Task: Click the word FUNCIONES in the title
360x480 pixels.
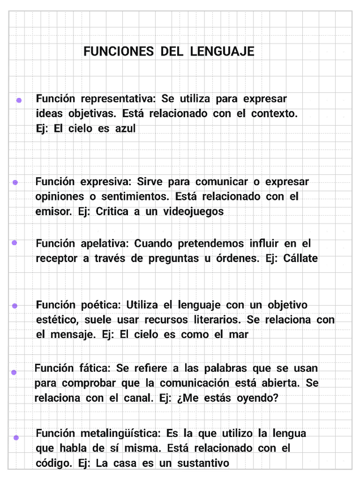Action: coord(118,52)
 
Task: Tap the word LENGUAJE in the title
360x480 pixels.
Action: coord(222,52)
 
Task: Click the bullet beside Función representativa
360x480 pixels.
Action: coord(19,100)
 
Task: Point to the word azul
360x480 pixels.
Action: coord(125,128)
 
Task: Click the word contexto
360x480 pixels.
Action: coord(274,113)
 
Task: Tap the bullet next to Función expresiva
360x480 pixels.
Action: coord(15,182)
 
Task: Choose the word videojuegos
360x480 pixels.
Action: coord(194,212)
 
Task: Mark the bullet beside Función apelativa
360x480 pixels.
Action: coord(14,242)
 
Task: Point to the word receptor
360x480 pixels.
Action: coord(56,259)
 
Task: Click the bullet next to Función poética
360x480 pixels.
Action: coord(15,306)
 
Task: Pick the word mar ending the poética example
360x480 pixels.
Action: coord(239,335)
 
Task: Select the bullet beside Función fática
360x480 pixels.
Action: coord(14,372)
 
